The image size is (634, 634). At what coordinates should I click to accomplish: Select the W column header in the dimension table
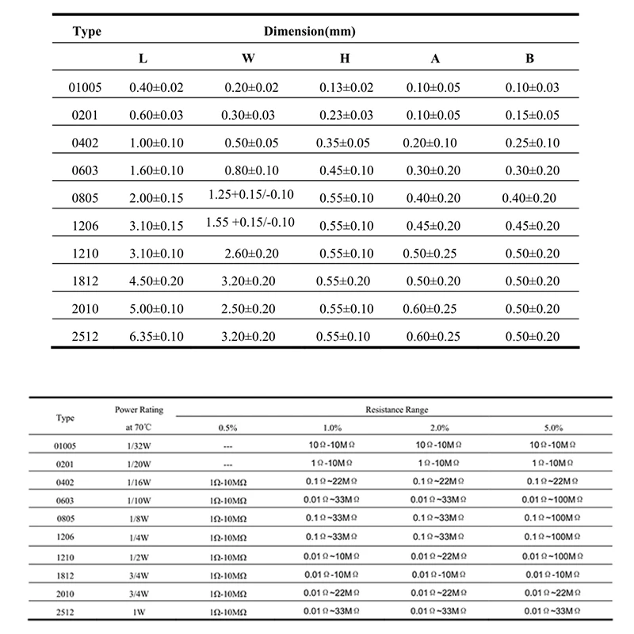pos(247,59)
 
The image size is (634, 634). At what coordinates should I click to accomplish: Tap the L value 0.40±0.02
pos(156,88)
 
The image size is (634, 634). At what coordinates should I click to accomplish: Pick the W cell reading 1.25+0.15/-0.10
pos(250,193)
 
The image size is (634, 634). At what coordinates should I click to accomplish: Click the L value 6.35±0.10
pos(156,337)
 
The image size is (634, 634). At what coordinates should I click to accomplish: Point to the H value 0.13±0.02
pos(346,88)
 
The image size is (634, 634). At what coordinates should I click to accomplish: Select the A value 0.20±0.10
pos(433,143)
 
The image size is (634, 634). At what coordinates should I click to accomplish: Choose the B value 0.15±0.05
pos(533,115)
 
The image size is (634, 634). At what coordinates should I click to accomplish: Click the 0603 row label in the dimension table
pos(85,170)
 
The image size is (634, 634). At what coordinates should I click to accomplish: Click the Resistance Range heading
pos(396,410)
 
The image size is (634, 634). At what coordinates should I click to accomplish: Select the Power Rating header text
pos(139,410)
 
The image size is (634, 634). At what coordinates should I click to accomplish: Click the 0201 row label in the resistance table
pos(67,464)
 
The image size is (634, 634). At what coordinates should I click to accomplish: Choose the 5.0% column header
pos(554,428)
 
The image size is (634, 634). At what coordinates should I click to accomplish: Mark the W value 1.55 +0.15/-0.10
pos(250,221)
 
